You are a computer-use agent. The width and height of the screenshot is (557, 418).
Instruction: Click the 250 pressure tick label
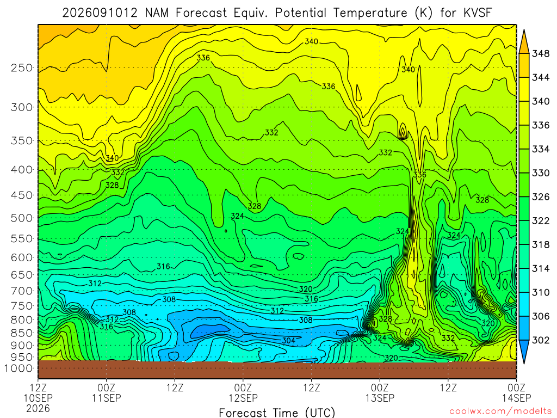pos(22,68)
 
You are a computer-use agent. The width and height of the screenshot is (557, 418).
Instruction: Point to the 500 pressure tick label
pos(22,218)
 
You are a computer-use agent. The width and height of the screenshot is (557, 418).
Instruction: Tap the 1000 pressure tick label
pos(19,368)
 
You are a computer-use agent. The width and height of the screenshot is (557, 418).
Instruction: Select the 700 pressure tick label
pos(22,291)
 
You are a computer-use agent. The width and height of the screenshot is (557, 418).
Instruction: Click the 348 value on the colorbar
pos(541,54)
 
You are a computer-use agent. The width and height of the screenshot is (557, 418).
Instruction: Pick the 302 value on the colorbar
pos(541,340)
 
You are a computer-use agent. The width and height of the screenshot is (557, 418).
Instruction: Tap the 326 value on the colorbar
pos(541,197)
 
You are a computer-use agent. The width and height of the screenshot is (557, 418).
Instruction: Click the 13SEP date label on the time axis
pos(380,398)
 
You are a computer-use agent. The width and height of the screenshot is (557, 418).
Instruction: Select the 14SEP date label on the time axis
pos(516,398)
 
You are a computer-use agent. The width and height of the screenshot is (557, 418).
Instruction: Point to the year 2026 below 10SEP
pos(38,408)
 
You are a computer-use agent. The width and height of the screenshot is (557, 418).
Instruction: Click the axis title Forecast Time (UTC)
pos(277,413)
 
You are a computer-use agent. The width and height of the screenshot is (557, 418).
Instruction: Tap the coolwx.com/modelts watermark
pos(500,411)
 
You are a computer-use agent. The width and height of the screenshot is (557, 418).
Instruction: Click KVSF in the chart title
pos(478,13)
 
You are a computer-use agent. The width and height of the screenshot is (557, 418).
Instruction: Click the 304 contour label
pos(288,341)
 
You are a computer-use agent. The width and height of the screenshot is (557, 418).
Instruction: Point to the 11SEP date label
pos(107,398)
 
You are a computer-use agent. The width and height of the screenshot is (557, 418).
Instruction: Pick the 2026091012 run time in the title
pos(100,13)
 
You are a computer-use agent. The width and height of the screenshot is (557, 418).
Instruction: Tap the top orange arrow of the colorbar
pos(524,41)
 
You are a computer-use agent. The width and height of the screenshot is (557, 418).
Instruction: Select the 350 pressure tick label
pos(22,141)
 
